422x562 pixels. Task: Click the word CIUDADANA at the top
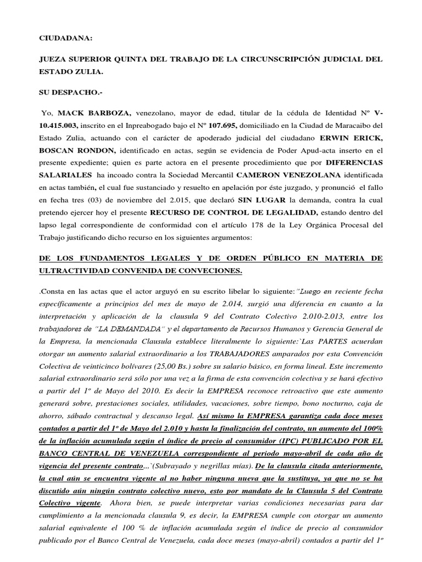[65, 38]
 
